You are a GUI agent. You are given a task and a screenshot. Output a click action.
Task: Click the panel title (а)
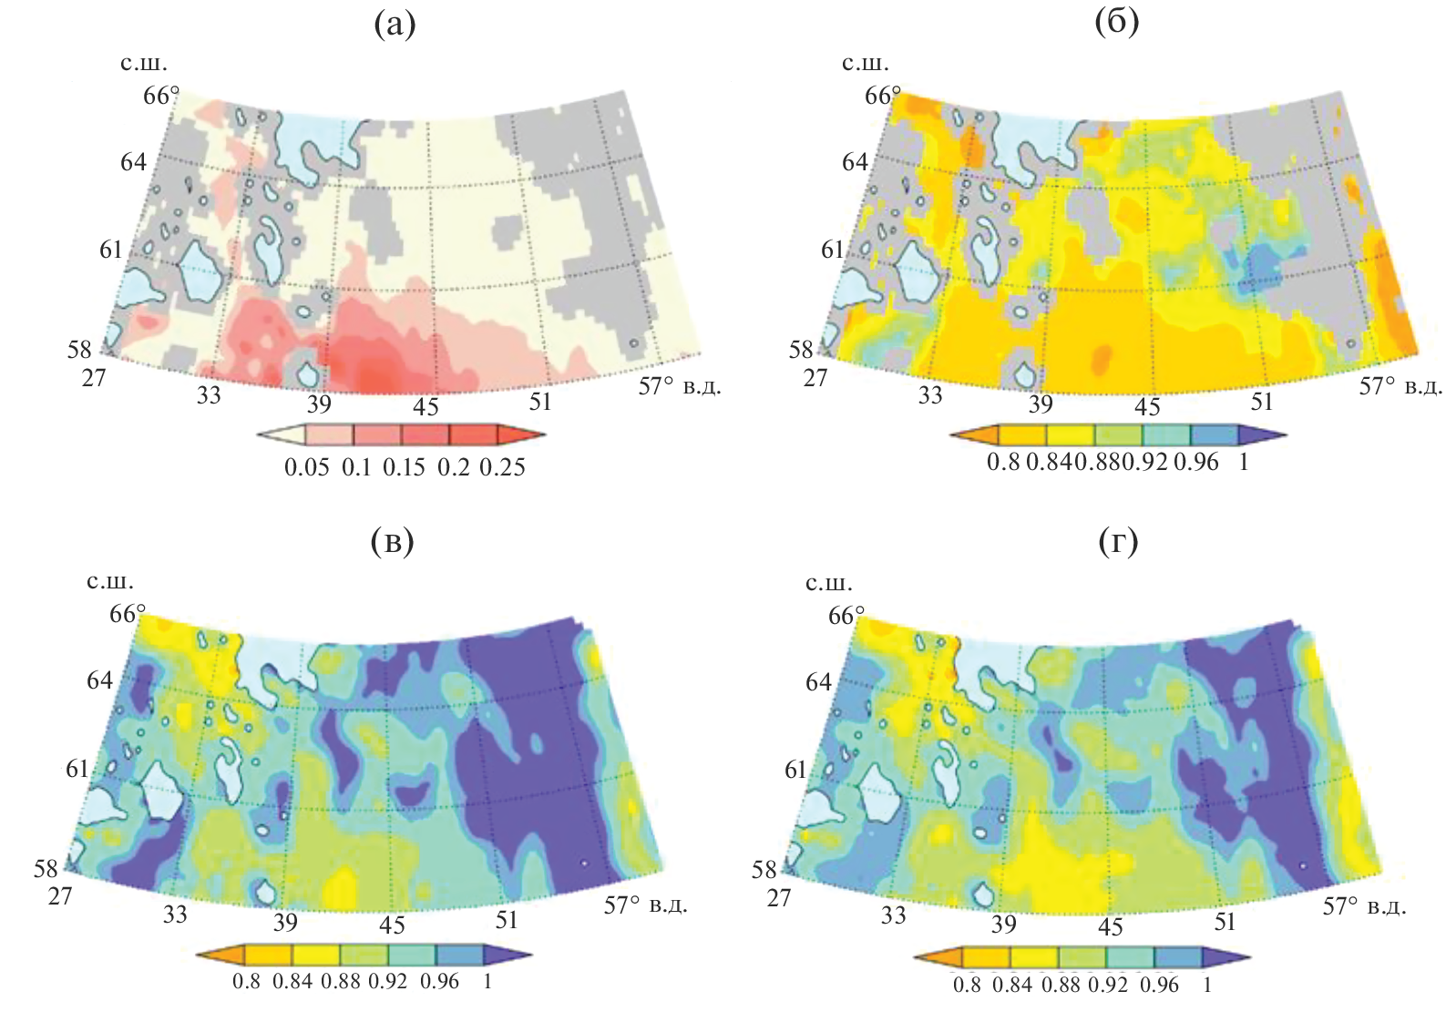point(395,25)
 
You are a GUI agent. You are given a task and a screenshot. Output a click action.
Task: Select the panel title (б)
point(1116,23)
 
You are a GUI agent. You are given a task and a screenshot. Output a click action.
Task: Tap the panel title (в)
point(393,542)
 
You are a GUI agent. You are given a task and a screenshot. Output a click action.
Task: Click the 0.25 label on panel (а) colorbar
point(502,467)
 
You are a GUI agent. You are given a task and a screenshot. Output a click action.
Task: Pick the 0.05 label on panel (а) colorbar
point(306,467)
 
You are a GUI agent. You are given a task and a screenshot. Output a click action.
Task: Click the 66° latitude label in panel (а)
point(161,95)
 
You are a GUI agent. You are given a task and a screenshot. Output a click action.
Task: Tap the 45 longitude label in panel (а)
point(426,406)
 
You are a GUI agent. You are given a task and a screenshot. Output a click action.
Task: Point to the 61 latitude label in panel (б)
point(833,249)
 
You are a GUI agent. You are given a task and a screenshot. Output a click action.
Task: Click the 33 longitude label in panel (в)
point(175,914)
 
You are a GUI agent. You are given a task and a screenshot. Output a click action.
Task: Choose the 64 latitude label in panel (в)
point(99,680)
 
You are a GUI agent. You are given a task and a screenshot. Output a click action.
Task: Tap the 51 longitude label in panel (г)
point(1225,921)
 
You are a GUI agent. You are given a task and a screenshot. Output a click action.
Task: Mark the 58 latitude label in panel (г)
point(764,870)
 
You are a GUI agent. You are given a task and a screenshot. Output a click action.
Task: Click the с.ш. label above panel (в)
point(109,581)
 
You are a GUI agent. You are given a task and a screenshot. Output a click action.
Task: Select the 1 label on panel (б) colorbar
point(1244,462)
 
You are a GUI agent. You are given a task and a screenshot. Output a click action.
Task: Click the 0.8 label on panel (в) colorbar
point(246,981)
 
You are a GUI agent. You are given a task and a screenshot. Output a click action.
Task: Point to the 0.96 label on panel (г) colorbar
point(1159,985)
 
